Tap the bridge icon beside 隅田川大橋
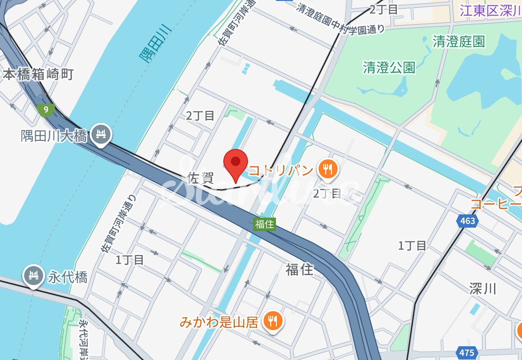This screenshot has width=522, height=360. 101,135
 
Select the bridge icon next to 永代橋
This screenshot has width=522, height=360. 34,277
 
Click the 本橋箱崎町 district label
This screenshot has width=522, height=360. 38,74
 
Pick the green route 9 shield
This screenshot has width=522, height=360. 46,110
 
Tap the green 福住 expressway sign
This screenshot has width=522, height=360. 264,224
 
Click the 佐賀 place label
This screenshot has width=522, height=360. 201,178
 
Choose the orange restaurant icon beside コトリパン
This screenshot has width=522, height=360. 327,169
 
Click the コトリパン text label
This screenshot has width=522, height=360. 281,170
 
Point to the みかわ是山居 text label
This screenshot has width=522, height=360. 219,323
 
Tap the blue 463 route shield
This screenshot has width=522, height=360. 467,221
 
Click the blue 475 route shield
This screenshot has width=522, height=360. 467,352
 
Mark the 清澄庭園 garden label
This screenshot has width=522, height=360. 458,42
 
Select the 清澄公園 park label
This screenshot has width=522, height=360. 389,67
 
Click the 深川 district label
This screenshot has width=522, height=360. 482,288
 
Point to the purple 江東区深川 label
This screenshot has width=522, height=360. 490,11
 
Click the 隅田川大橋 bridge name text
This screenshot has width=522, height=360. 54,137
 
